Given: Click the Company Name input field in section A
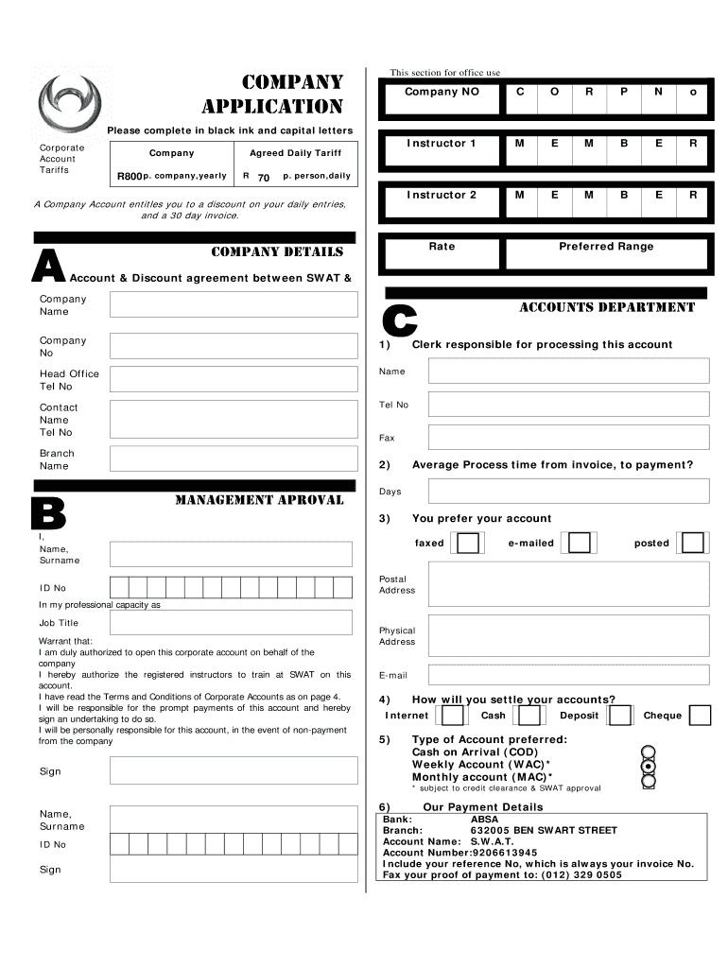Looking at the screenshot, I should [x=234, y=304].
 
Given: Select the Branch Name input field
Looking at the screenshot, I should [x=234, y=458].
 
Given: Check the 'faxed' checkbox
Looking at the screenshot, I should [x=468, y=543].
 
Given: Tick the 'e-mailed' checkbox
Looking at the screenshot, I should [x=579, y=543].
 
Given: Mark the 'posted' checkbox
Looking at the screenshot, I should [x=693, y=543].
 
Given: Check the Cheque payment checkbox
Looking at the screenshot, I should [x=700, y=716].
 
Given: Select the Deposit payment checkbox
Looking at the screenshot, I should [x=620, y=716].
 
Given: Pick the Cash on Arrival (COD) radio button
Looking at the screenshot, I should [x=648, y=752].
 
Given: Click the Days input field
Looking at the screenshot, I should [x=567, y=492].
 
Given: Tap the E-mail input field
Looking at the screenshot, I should [x=567, y=675].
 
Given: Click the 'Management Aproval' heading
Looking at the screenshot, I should [x=259, y=500].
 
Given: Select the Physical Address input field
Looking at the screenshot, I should [x=567, y=636].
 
